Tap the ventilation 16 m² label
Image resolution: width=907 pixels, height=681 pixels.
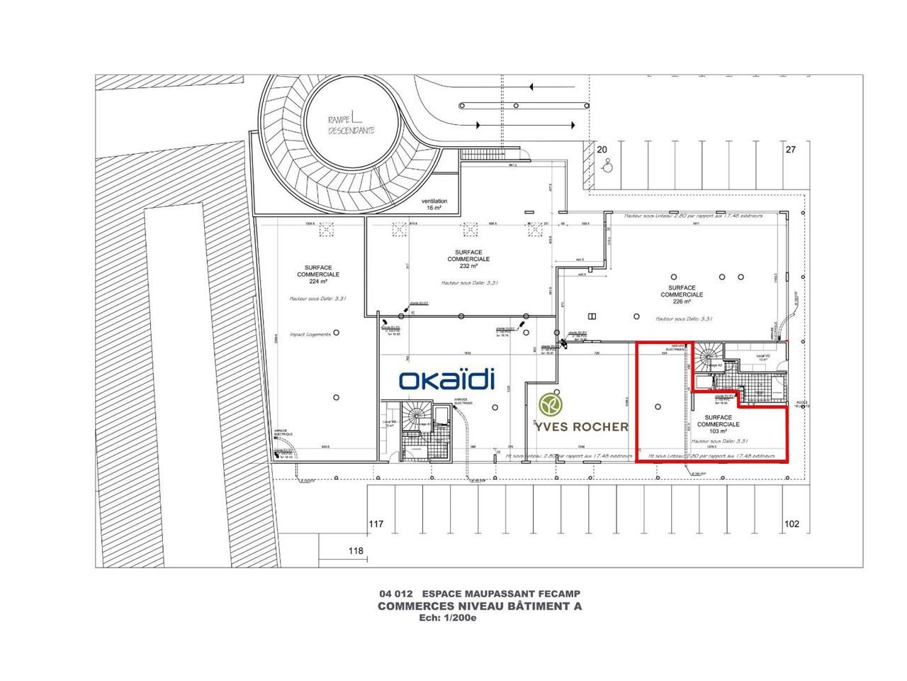point(434,205)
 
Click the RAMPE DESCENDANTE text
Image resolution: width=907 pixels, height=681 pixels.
point(352,126)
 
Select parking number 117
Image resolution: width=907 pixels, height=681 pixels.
point(376,524)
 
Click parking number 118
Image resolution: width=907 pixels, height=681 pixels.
point(356,551)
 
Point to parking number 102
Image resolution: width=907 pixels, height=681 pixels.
point(791,524)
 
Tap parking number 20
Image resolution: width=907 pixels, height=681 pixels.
point(603,150)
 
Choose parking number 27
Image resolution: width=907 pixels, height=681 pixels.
point(791,150)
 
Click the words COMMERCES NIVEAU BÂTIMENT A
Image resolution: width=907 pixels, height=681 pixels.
point(480,606)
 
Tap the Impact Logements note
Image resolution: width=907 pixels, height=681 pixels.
point(310,334)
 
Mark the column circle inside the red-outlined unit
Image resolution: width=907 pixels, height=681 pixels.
point(658,406)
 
